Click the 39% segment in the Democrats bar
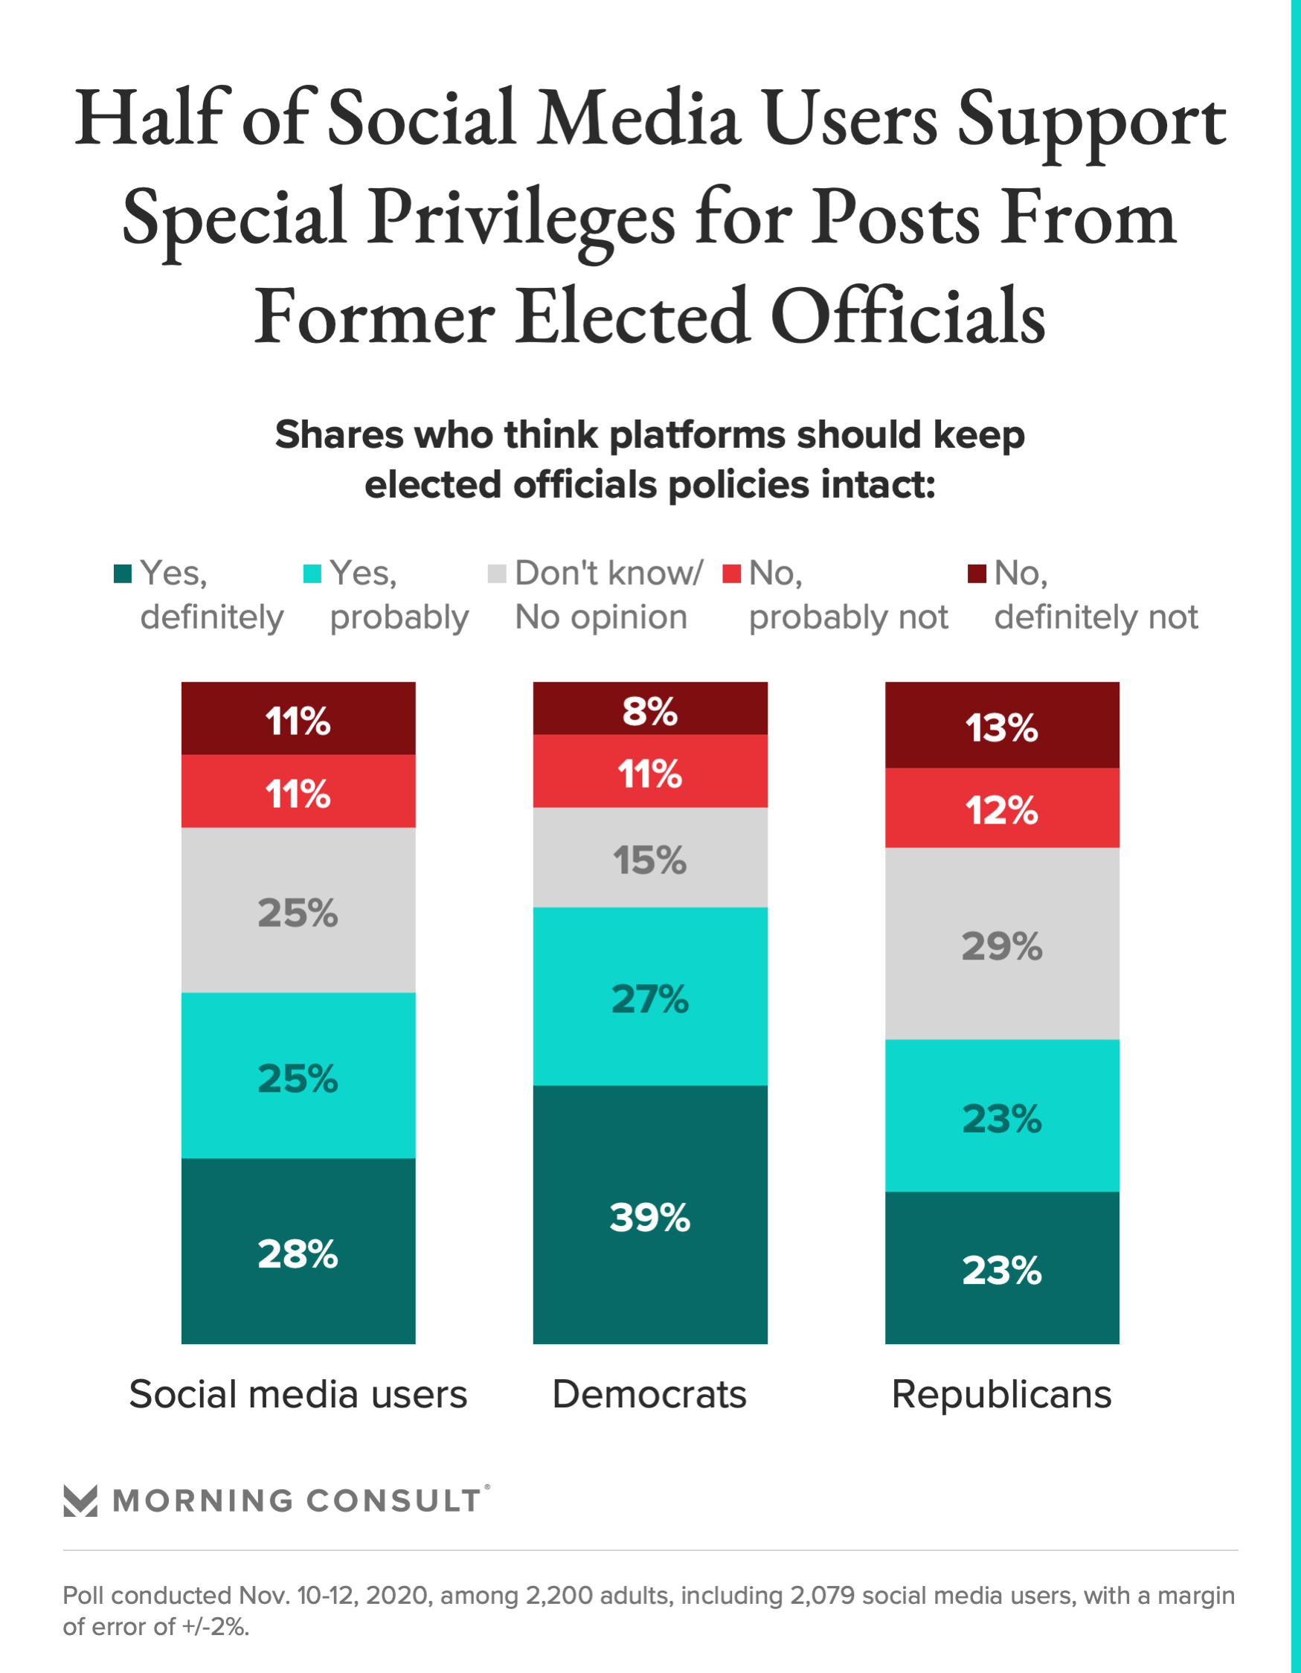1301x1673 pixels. point(649,1215)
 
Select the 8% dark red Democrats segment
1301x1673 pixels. point(649,710)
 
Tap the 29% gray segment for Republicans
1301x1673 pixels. point(1001,944)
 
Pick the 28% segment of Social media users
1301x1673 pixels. point(298,1252)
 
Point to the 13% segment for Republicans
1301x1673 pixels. point(1001,725)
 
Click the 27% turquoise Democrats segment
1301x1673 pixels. point(649,997)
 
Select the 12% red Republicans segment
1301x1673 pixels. point(1001,808)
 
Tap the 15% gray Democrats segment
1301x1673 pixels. point(649,858)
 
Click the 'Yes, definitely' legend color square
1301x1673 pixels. point(123,573)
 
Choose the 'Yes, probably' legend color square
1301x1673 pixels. point(312,573)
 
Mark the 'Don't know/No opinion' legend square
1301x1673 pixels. point(496,573)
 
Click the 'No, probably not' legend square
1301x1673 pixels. point(732,573)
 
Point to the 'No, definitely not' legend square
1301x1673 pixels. point(976,573)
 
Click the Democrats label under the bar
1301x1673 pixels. point(649,1394)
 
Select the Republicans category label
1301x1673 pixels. point(1001,1394)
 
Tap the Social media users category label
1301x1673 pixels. point(298,1394)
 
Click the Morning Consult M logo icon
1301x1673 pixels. point(80,1500)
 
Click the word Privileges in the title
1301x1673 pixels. point(520,218)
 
